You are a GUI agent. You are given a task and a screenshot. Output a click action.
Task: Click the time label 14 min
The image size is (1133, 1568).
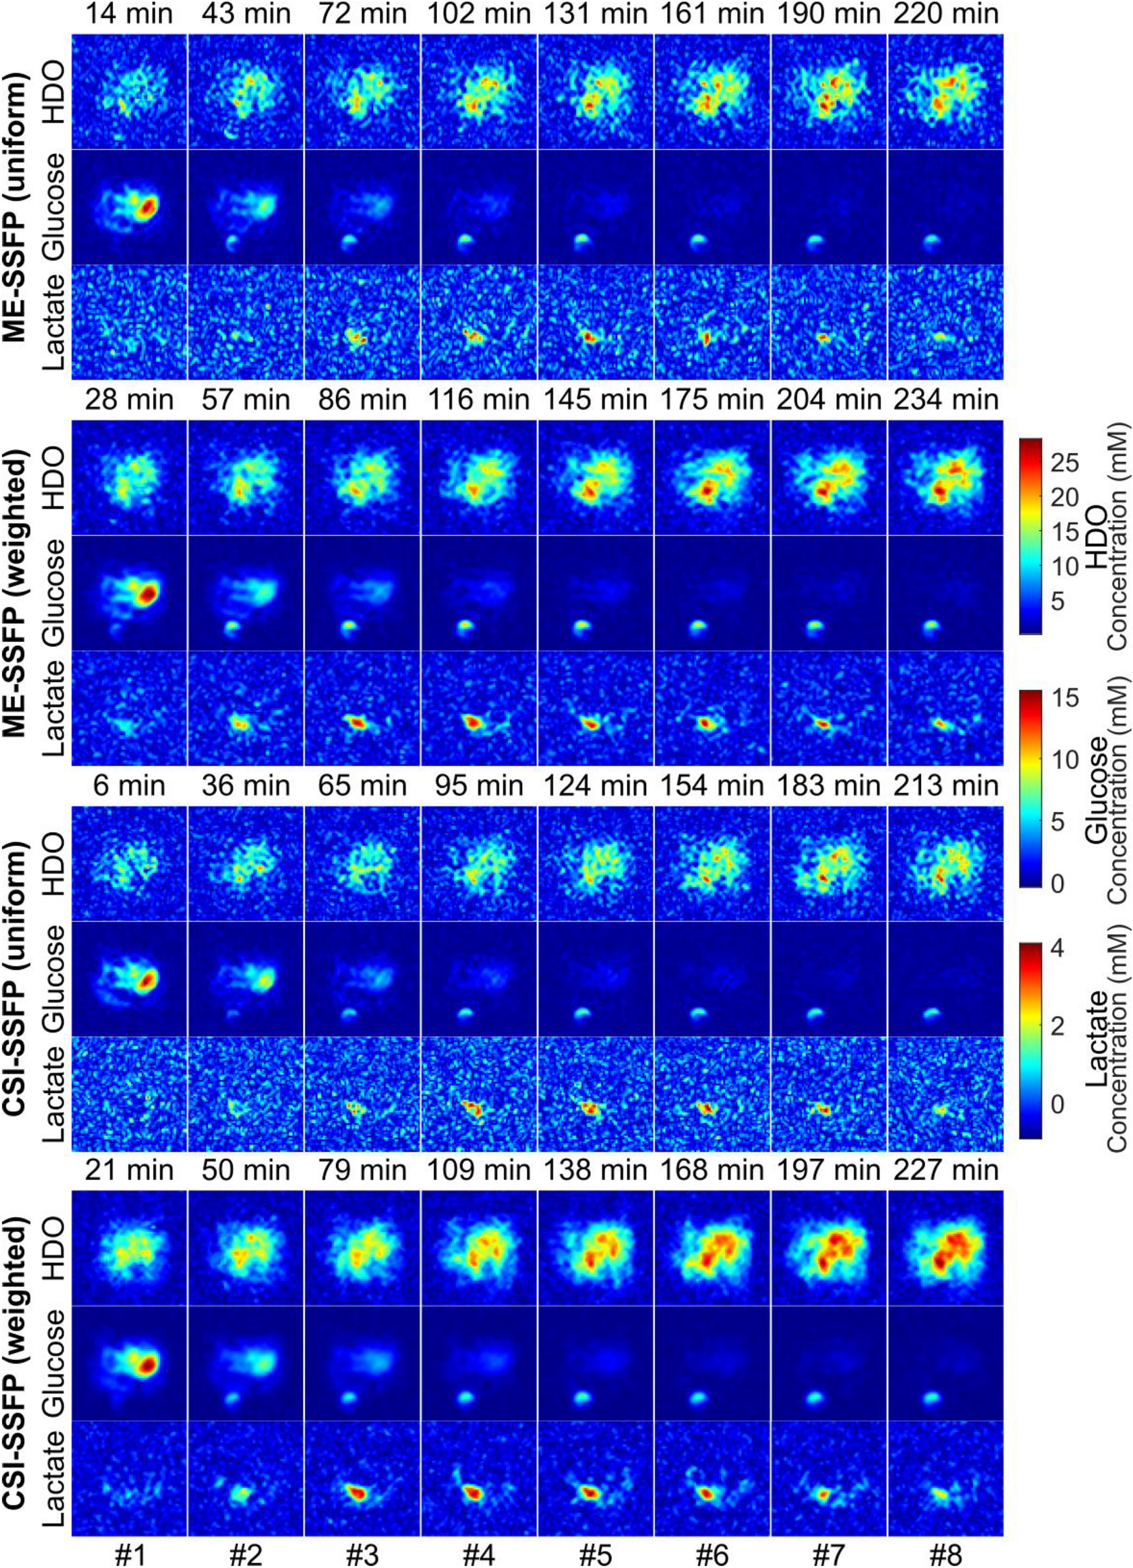point(130,14)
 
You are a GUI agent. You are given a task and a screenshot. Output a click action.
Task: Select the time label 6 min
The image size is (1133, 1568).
point(130,785)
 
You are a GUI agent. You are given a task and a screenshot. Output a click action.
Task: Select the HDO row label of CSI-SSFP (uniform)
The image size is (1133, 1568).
point(56,864)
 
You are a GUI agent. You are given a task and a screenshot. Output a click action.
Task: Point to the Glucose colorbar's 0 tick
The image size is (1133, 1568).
point(1057,884)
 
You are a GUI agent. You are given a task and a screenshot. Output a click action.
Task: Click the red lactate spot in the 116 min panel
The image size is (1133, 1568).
point(472,721)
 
